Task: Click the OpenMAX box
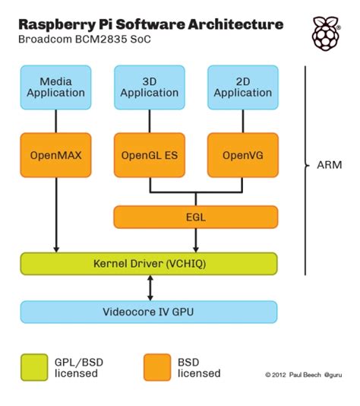55,155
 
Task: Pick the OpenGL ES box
150,155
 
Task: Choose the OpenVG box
242,155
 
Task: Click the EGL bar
195,217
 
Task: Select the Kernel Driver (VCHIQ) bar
148,264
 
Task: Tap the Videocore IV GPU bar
148,312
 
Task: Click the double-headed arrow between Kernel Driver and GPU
150,287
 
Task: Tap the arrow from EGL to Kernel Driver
196,240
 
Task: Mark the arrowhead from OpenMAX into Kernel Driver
56,249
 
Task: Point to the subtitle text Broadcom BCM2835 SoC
83,40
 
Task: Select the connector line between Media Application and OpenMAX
56,119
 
